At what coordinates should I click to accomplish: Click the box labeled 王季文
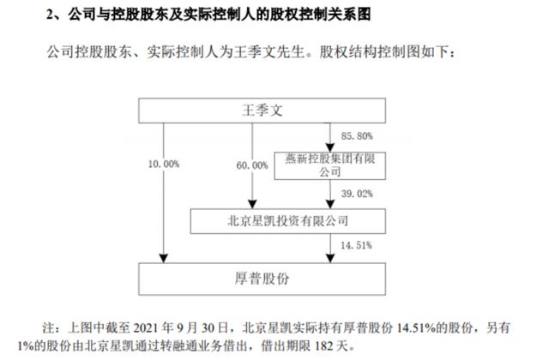click(x=262, y=111)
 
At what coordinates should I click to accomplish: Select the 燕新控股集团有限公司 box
click(x=329, y=165)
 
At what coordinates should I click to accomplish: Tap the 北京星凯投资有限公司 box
click(x=288, y=221)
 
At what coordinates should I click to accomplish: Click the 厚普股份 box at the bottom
click(x=262, y=279)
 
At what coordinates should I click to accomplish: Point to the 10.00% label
click(x=164, y=164)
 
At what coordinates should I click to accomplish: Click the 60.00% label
click(x=252, y=165)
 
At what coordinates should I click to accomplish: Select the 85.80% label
click(x=357, y=136)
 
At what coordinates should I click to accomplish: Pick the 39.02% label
click(x=357, y=194)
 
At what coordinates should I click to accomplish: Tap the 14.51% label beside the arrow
click(x=356, y=246)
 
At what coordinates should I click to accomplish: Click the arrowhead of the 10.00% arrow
click(x=164, y=259)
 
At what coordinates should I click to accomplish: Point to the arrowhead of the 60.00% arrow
click(x=252, y=205)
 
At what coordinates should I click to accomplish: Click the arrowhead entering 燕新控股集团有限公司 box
click(x=329, y=147)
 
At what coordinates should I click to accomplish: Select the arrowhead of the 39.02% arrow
click(x=329, y=205)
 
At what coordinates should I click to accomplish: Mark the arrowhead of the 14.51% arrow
click(x=329, y=259)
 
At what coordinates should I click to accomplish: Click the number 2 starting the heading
click(x=50, y=15)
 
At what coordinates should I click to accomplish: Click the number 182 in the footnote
click(x=324, y=346)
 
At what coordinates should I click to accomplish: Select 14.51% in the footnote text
click(x=416, y=328)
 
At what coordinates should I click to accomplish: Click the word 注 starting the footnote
click(x=49, y=328)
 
